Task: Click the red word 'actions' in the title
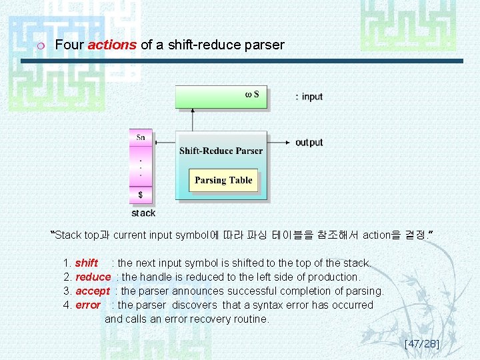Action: coord(112,45)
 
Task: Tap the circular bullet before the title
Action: coord(41,46)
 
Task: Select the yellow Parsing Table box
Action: coord(223,180)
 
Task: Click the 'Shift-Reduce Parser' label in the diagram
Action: coord(221,151)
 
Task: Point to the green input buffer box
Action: coord(221,97)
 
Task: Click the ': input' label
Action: coord(309,97)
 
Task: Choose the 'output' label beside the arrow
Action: coord(309,142)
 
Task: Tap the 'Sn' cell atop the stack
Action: coord(141,137)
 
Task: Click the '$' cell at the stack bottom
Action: coord(141,195)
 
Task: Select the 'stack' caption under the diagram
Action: coord(143,213)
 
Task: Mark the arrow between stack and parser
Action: coord(164,142)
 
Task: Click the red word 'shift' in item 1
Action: coord(86,263)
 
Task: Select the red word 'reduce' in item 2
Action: coord(93,277)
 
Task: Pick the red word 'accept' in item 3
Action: coord(92,291)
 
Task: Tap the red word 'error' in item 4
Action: coord(87,305)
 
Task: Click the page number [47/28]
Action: coord(421,344)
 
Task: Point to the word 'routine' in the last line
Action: coord(248,319)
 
